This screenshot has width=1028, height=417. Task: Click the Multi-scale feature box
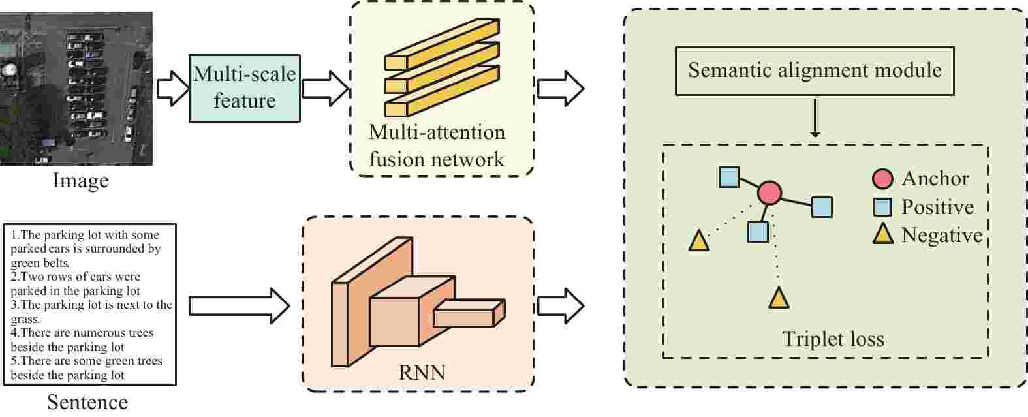click(x=245, y=88)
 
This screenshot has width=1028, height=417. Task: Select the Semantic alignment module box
click(x=815, y=70)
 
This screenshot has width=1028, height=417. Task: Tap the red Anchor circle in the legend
click(x=883, y=179)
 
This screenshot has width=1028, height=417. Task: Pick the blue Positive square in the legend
click(x=883, y=208)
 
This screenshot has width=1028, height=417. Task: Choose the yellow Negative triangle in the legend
click(x=883, y=234)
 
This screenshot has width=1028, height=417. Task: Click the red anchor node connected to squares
click(x=770, y=193)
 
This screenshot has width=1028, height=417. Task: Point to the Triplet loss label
click(x=833, y=339)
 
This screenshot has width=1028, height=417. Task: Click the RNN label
click(x=422, y=373)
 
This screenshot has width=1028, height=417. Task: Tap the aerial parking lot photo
click(x=76, y=88)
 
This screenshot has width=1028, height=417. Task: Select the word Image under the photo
click(x=80, y=179)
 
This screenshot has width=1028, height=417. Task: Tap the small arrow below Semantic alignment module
click(x=815, y=118)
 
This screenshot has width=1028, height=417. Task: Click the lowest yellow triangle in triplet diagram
click(x=779, y=298)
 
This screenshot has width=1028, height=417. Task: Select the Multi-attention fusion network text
click(x=437, y=146)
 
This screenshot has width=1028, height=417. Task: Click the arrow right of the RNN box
click(x=560, y=305)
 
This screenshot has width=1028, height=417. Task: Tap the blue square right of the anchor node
click(x=822, y=207)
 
